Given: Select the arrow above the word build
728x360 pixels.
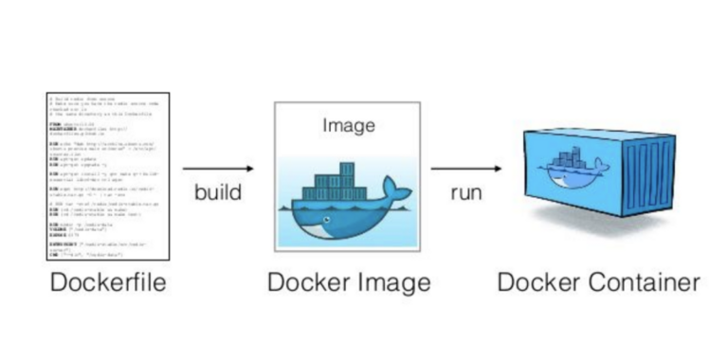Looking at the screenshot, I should pos(218,169).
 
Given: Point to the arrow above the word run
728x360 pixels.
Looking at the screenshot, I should pos(466,169).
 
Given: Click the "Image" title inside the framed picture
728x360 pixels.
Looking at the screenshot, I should pos(349,125).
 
